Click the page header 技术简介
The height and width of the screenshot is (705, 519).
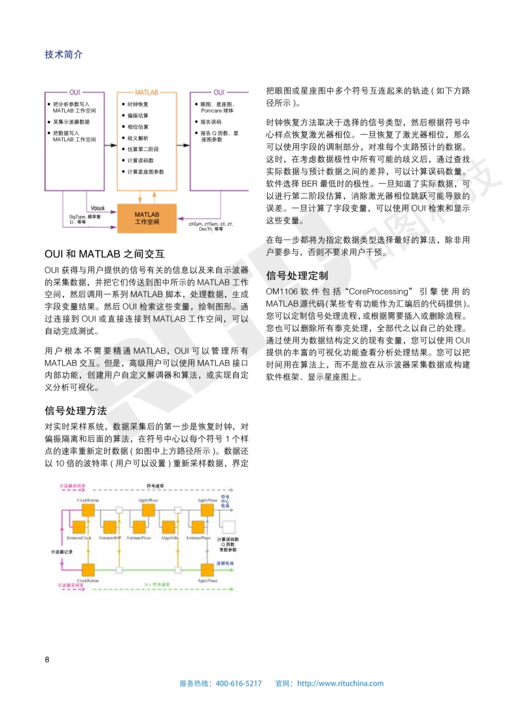coord(63,54)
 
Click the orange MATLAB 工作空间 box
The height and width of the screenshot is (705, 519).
coord(147,218)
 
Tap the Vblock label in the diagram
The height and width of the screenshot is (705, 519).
coord(98,208)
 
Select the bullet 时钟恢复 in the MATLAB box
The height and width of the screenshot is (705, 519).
coord(137,104)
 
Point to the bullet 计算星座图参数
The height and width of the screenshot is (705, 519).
coord(145,172)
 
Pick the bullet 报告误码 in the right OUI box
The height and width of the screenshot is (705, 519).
coord(210,122)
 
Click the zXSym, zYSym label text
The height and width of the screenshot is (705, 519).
coord(211,224)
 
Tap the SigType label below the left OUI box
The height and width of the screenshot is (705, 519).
coord(84,216)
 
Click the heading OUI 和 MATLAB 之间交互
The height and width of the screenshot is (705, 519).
coord(103,253)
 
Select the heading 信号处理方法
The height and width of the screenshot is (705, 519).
coord(75,410)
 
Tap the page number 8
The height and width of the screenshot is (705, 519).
coord(47,659)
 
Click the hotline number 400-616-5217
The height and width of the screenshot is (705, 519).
coord(238,683)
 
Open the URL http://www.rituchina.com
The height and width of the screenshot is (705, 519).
coord(340,683)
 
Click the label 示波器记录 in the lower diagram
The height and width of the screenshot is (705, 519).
coord(62,551)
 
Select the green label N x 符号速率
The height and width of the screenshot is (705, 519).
coord(157,584)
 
